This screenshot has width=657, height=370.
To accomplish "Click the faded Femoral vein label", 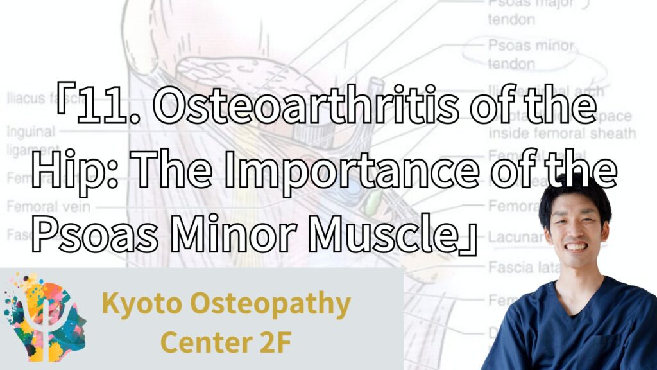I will [x=48, y=207].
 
